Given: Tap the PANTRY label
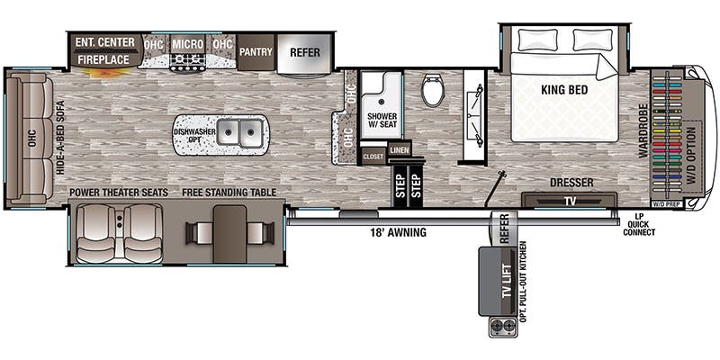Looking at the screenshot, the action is tap(256, 52).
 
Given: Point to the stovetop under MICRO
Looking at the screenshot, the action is tap(188, 62).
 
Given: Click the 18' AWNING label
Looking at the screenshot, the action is tap(398, 232).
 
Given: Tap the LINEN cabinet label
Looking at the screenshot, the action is tap(399, 149).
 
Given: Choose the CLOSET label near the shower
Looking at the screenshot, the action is tap(373, 157).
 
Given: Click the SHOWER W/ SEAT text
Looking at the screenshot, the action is tap(382, 121).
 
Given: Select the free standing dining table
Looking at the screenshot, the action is tap(230, 234).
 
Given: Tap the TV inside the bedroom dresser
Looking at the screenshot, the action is tap(569, 201).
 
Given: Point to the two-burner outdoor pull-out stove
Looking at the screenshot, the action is tap(502, 328).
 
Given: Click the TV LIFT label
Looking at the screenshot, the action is tap(507, 282).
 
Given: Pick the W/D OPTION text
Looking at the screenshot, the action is tap(690, 156).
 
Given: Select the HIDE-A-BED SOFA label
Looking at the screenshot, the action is tap(61, 138).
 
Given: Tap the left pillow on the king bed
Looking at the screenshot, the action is tap(538, 40).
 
